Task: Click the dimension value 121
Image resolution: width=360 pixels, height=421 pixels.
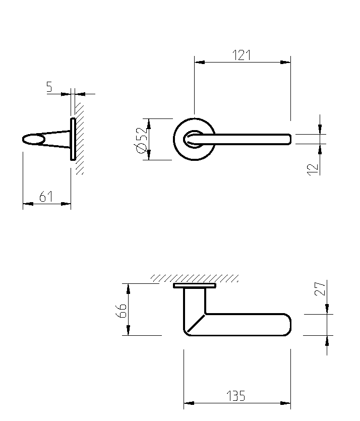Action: [x=242, y=55]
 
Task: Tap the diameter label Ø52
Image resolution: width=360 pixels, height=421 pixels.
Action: [x=141, y=139]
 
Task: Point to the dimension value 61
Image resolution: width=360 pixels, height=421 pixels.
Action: [x=46, y=197]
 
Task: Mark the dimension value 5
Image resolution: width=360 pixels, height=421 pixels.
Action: [x=49, y=87]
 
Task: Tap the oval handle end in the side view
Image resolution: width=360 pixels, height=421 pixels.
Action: [x=33, y=139]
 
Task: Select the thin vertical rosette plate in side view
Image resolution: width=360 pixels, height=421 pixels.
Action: [x=73, y=139]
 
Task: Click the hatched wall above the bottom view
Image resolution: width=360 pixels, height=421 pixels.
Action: [x=195, y=278]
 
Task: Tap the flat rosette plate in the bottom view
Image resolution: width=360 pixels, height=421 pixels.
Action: [x=195, y=285]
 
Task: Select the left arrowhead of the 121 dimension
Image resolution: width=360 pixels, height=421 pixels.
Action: [x=199, y=63]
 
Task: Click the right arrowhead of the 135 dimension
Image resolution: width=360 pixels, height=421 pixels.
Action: [x=287, y=403]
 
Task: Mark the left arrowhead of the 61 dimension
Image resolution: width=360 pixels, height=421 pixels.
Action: [x=27, y=204]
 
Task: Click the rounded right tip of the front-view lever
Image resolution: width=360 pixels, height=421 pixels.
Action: [x=289, y=139]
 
